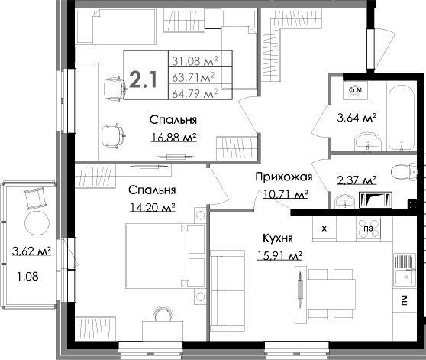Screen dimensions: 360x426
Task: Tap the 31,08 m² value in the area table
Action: [195, 60]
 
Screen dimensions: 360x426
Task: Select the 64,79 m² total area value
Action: [195, 93]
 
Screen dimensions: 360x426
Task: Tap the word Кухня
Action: [280, 238]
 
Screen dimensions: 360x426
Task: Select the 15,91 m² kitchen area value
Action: [279, 255]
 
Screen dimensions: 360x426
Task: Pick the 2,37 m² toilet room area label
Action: [357, 180]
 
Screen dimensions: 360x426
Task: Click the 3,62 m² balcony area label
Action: [31, 250]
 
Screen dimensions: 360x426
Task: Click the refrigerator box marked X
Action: [324, 228]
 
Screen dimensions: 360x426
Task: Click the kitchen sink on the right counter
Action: [402, 268]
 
